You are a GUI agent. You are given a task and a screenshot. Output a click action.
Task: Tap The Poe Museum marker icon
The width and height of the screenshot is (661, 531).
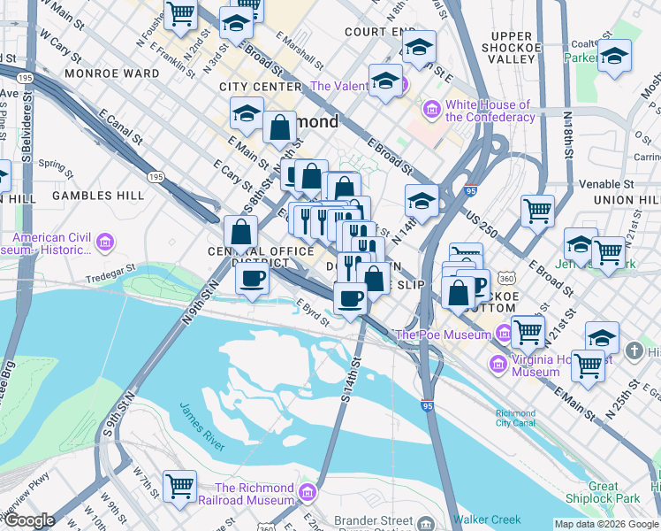[503, 335]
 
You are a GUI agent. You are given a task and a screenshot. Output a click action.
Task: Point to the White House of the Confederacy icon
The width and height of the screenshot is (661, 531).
[432, 110]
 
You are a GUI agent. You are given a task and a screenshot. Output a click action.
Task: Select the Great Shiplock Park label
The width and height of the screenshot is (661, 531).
[615, 492]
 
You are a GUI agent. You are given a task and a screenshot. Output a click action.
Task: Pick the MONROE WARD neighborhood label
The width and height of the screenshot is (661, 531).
[95, 73]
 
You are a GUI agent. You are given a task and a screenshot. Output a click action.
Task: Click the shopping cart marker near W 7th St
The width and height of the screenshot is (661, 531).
[180, 485]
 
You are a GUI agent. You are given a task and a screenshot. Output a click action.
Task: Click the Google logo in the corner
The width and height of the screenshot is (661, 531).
[29, 520]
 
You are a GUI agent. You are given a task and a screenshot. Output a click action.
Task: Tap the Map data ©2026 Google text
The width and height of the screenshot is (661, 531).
[606, 524]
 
